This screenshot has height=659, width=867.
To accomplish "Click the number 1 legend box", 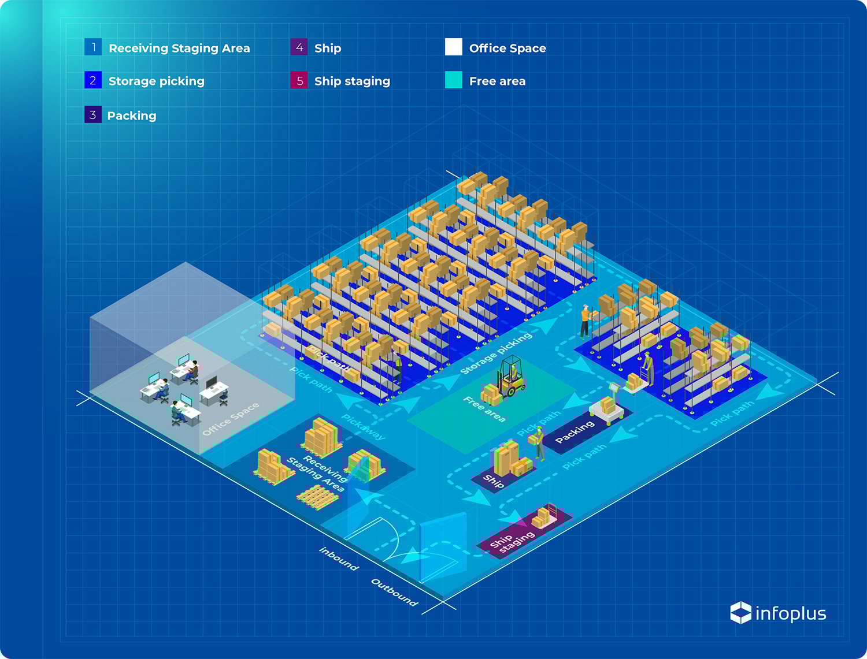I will pyautogui.click(x=93, y=47).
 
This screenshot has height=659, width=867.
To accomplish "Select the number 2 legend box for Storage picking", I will pyautogui.click(x=93, y=80).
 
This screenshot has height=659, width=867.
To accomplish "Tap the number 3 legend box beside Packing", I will pyautogui.click(x=93, y=115).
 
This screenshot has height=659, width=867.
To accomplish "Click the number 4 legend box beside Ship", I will pyautogui.click(x=299, y=47).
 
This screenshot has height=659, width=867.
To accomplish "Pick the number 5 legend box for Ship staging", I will pyautogui.click(x=299, y=80).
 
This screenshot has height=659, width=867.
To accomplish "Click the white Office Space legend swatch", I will pyautogui.click(x=454, y=47).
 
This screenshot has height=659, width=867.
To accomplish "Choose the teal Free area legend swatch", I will pyautogui.click(x=454, y=80).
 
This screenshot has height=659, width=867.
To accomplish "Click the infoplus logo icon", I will pyautogui.click(x=740, y=613).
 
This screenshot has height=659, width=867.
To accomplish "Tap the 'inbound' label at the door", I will pyautogui.click(x=339, y=558).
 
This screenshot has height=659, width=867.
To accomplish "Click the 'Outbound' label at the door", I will pyautogui.click(x=394, y=592).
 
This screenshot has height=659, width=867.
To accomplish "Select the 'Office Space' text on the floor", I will pyautogui.click(x=231, y=419).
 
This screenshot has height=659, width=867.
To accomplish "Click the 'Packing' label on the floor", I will pyautogui.click(x=575, y=432).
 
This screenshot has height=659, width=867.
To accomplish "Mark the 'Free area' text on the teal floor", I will pyautogui.click(x=484, y=409).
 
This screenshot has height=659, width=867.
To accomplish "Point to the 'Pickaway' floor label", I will pyautogui.click(x=363, y=427).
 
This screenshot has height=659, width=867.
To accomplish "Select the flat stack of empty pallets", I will pyautogui.click(x=316, y=496).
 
